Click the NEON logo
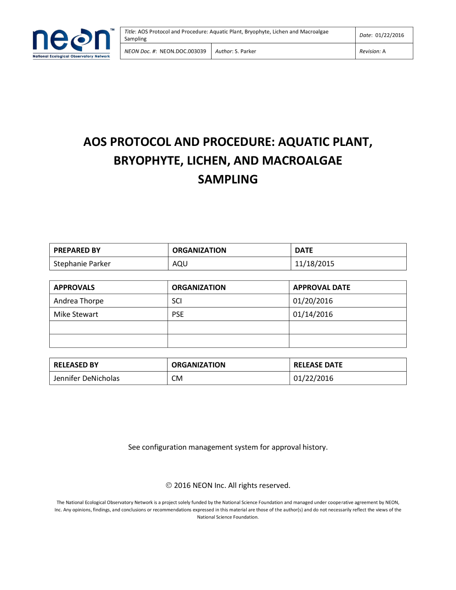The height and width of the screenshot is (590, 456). tap(71, 43)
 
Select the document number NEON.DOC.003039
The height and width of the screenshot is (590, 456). tap(182, 52)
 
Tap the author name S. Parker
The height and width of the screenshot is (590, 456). tap(245, 52)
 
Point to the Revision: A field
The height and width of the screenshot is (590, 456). tap(373, 52)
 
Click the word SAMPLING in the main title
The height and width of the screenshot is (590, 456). tap(228, 180)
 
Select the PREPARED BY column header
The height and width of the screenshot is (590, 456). tap(77, 250)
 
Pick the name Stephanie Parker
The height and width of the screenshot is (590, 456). tap(82, 264)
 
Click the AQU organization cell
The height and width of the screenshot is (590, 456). tap(180, 264)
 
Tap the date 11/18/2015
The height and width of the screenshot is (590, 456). tap(315, 264)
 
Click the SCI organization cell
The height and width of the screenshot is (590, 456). tap(177, 301)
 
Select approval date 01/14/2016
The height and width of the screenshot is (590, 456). tap(313, 314)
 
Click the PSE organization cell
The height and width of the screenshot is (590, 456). tap(178, 314)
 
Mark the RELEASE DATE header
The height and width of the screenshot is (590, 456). tap(318, 365)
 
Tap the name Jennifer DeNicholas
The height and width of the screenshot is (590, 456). tap(87, 378)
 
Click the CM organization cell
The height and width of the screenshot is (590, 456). tap(177, 378)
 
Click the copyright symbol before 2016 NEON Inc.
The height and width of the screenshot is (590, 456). tap(169, 486)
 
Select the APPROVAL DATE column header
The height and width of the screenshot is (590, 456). tap(321, 287)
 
